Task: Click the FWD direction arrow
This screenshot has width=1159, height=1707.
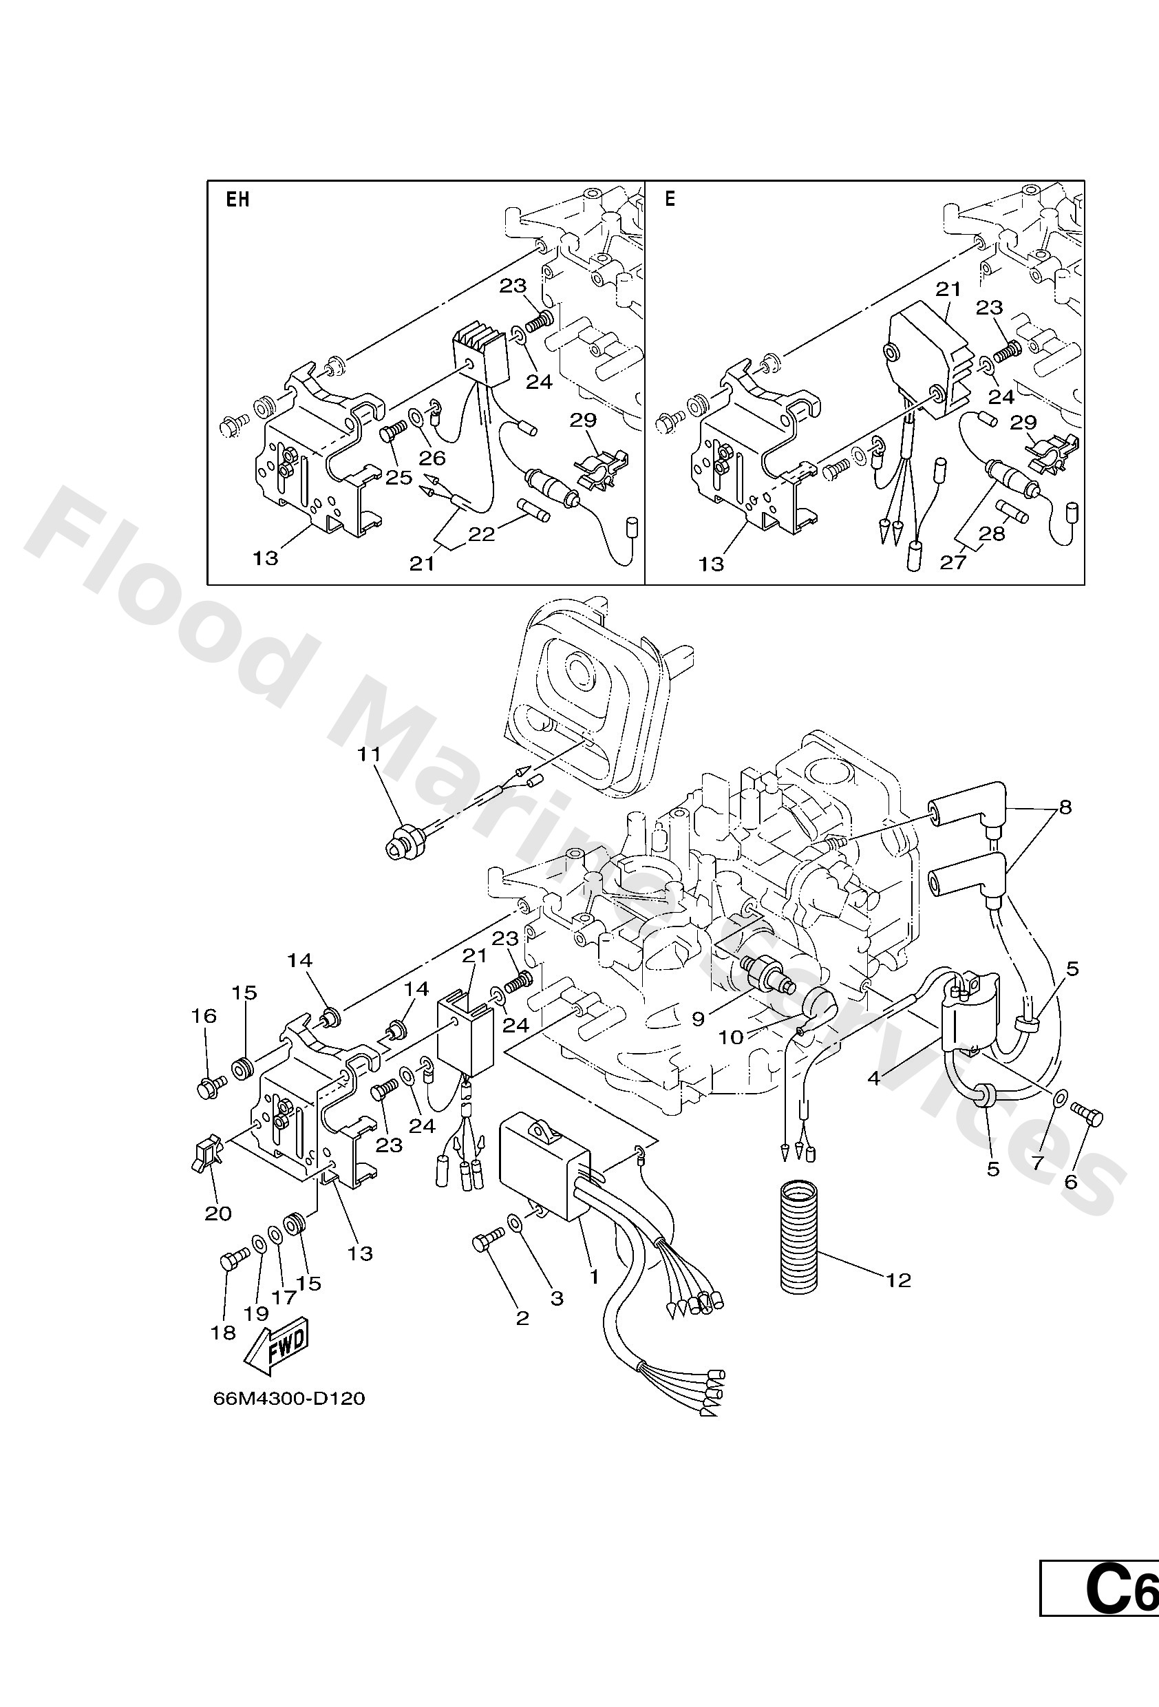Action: [276, 1349]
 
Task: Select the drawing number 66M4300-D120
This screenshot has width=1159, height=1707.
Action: [288, 1399]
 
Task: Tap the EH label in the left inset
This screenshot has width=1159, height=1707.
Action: [237, 199]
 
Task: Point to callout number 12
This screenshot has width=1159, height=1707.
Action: [898, 1281]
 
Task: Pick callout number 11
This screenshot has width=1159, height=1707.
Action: [369, 754]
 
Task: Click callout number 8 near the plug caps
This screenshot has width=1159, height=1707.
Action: [1065, 807]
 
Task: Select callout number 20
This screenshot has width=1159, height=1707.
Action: [218, 1213]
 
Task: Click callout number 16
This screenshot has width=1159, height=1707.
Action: [204, 1016]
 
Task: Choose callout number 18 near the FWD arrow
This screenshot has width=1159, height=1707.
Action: [223, 1333]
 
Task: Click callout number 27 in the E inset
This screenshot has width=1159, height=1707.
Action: [953, 562]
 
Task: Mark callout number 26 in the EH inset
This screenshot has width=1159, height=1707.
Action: [433, 458]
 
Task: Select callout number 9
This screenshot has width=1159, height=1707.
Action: [698, 1018]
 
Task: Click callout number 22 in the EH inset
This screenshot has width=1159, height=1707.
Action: [482, 534]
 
